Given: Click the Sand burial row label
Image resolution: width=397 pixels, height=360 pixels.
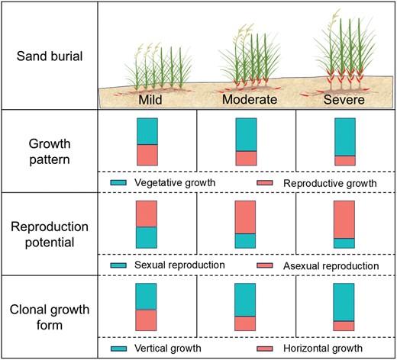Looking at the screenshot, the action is point(50,56).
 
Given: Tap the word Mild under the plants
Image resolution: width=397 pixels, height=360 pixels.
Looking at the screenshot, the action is point(150,99).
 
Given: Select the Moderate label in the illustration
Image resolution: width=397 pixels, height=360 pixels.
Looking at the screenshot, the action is point(250,99).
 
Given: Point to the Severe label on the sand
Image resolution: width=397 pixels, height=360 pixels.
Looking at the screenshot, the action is point(344,99).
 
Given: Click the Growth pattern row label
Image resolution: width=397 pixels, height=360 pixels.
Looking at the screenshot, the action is point(50,152).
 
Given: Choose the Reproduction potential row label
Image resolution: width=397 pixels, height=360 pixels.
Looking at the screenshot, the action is point(50,234).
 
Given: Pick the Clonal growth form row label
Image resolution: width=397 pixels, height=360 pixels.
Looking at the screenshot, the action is point(50,317).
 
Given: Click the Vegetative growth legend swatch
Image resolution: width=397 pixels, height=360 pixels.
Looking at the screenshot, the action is point(118,182).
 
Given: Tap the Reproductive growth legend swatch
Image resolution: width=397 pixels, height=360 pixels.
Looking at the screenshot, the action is point(265,182).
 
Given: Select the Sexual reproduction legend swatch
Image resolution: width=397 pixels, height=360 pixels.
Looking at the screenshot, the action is point(118,265).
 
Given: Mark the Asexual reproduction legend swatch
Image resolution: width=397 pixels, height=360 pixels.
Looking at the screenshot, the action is point(265,265).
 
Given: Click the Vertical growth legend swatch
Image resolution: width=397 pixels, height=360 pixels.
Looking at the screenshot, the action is point(119,349).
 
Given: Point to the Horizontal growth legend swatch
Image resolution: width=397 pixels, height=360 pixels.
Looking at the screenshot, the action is point(265,349).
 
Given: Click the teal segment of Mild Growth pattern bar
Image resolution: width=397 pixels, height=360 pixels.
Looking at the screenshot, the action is point(147,131).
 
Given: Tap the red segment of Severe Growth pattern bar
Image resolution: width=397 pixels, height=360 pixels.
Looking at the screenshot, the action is point(345,161).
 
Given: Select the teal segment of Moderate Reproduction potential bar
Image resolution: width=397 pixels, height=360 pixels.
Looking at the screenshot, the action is point(245,241).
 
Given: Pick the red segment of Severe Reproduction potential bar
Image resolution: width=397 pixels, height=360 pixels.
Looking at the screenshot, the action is point(344,220).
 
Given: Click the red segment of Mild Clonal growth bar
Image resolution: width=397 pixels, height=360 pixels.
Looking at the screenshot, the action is point(146,320).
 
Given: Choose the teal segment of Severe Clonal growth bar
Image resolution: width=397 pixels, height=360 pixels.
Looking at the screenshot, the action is point(344,302).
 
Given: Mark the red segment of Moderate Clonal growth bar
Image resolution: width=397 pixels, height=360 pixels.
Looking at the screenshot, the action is point(245,323).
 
